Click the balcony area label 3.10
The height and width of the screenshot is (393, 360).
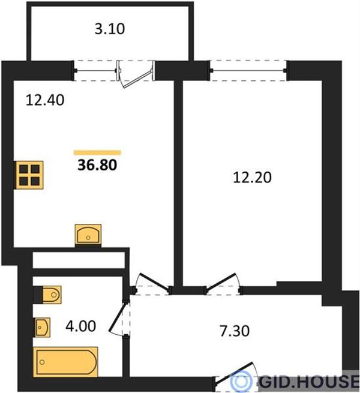[x=110, y=29]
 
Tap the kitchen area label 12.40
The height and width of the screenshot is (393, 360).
[x=45, y=100]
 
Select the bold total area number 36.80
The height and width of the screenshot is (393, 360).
[x=97, y=165]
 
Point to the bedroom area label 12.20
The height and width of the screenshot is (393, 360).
[x=252, y=177]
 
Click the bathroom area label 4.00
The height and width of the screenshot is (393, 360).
[x=81, y=326]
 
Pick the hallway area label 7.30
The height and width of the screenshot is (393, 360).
[x=235, y=331]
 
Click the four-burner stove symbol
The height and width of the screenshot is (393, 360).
[x=29, y=175]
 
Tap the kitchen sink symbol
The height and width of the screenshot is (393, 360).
[x=88, y=235]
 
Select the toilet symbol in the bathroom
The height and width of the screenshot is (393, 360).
[x=52, y=295]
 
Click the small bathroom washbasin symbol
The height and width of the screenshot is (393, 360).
[x=43, y=328]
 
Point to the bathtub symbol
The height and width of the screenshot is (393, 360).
[x=65, y=362]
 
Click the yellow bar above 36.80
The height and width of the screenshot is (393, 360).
[x=97, y=152]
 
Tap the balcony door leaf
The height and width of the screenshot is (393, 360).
[x=138, y=79]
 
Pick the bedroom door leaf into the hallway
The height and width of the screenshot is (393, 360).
[x=221, y=282]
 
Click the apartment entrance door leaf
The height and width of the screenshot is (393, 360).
[x=234, y=373]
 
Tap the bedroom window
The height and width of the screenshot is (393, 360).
[x=248, y=71]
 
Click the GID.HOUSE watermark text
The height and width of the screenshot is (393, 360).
[x=309, y=382]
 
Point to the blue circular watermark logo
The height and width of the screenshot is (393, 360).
[x=241, y=381]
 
